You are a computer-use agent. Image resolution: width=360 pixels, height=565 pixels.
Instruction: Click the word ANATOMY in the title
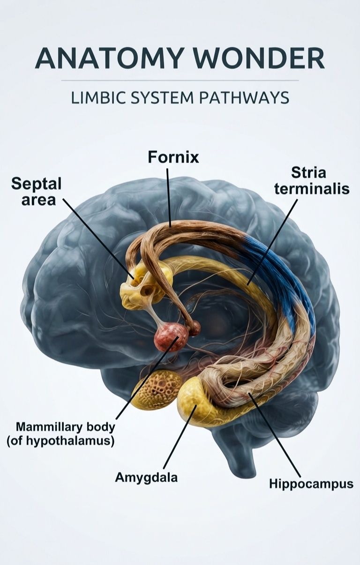pyautogui.click(x=108, y=58)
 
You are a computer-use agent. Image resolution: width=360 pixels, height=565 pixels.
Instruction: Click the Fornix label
pyautogui.click(x=173, y=157)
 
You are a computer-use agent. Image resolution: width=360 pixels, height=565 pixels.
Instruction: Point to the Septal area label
pyautogui.click(x=37, y=192)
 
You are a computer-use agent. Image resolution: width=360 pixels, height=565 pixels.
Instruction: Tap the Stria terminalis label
pyautogui.click(x=312, y=181)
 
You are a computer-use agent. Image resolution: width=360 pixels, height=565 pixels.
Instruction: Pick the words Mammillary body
pyautogui.click(x=65, y=427)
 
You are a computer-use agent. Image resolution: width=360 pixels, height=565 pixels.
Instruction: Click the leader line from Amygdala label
pyautogui.click(x=180, y=437)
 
